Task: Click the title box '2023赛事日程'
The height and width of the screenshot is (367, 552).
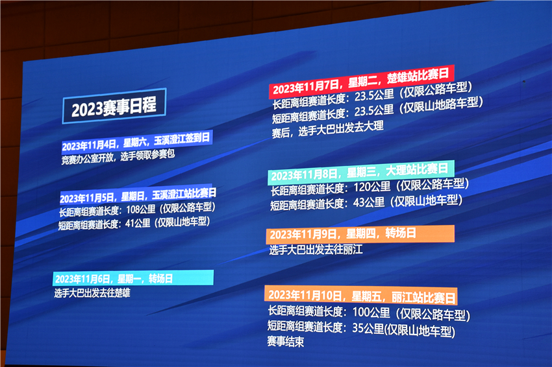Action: pyautogui.click(x=114, y=106)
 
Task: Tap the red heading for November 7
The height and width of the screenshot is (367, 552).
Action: pyautogui.click(x=362, y=82)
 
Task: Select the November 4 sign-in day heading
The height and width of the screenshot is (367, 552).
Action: pyautogui.click(x=137, y=141)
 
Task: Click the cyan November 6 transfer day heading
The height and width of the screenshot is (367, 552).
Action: pyautogui.click(x=133, y=278)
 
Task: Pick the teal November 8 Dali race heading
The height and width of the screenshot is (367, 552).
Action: pyautogui.click(x=361, y=172)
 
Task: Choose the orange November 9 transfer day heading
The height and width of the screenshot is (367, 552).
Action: pyautogui.click(x=360, y=234)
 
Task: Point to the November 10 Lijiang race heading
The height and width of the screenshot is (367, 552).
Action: pyautogui.click(x=361, y=296)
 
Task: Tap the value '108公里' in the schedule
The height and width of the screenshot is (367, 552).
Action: pyautogui.click(x=140, y=209)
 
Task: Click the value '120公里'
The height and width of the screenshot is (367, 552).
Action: pyautogui.click(x=372, y=187)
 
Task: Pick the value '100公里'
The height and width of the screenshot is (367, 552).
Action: pyautogui.click(x=371, y=313)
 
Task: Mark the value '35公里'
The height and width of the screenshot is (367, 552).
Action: pyautogui.click(x=368, y=328)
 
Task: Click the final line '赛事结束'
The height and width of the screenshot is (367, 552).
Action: pyautogui.click(x=286, y=341)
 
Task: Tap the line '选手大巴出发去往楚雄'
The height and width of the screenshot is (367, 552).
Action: pyautogui.click(x=92, y=292)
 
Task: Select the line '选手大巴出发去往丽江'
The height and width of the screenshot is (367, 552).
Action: pyautogui.click(x=316, y=250)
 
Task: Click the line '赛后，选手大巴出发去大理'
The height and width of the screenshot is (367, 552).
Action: pyautogui.click(x=327, y=129)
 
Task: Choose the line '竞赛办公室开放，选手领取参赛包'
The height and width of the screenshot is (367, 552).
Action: pyautogui.click(x=118, y=157)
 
